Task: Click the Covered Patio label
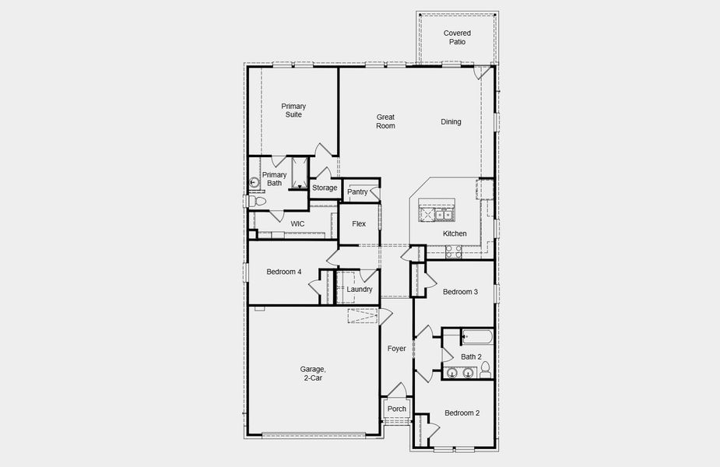point(456,37)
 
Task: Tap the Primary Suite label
point(293,111)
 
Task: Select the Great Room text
point(385,121)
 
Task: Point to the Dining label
point(451,121)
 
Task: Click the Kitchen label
point(455,233)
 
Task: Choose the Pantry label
point(357,191)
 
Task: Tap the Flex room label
point(359,223)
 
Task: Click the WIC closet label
point(297,223)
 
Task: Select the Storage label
point(325,188)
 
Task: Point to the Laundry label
point(360,289)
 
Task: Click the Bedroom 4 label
point(283,272)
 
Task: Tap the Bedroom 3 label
point(460,292)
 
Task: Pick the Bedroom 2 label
point(462,413)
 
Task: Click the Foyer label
point(397,349)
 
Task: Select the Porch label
point(397,409)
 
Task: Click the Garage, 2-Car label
point(311,374)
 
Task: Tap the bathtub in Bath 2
point(476,338)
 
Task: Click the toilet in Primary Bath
point(256,202)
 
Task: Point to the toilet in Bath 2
point(485,367)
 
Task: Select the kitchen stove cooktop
point(453,251)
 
